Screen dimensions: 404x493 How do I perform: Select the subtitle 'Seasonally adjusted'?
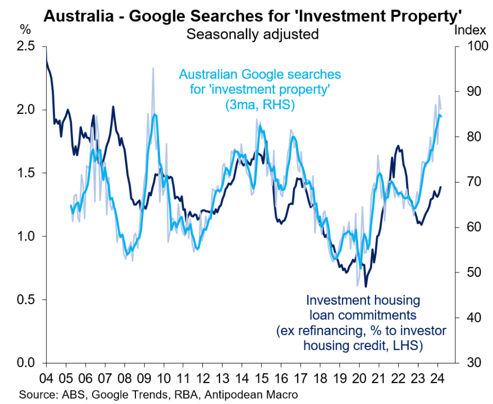pos(252,34)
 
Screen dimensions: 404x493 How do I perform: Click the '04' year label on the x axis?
pos(46,378)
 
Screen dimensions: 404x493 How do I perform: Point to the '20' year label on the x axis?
pos(360,378)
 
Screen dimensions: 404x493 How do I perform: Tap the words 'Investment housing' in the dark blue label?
pos(363,300)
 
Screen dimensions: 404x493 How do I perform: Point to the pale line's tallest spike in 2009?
pos(153,68)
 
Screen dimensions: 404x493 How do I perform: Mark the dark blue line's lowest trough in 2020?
pos(366,286)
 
